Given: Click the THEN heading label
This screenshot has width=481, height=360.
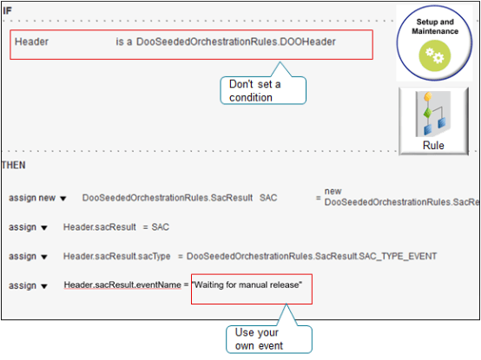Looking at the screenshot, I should [13, 164].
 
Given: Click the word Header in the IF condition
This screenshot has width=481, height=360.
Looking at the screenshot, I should [31, 42].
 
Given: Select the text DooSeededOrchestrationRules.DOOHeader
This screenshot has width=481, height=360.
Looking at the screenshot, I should [236, 42].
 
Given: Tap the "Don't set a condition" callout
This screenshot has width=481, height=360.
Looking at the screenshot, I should [262, 91].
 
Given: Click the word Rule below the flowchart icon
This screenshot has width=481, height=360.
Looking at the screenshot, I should [432, 146].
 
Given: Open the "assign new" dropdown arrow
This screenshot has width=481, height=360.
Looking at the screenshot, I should [63, 199].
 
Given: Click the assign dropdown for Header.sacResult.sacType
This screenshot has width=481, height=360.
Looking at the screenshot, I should [44, 256].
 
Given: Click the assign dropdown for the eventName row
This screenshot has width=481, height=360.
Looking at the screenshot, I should [44, 285].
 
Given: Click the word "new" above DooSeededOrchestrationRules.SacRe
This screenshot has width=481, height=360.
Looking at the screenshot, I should [333, 191].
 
